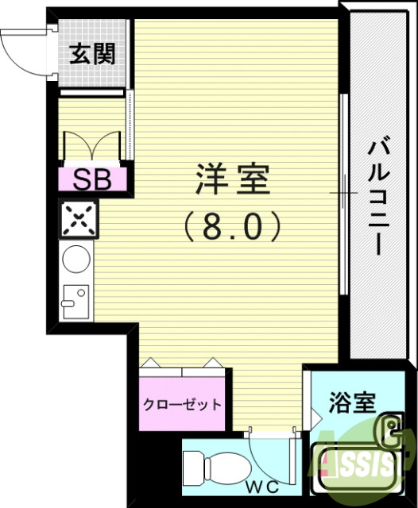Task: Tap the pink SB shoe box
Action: [x=92, y=178]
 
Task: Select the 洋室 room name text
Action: [x=233, y=180]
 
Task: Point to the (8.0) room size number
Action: [x=233, y=227]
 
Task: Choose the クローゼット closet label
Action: [x=182, y=404]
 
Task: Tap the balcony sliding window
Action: [x=343, y=194]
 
